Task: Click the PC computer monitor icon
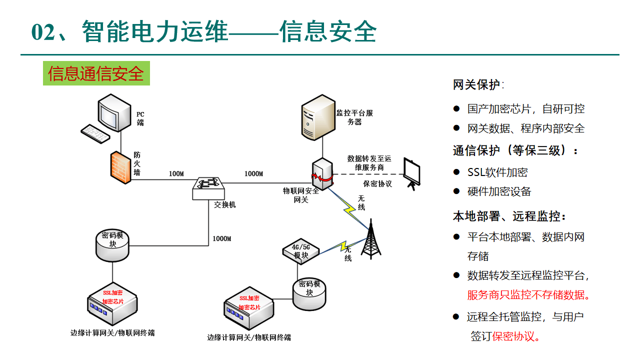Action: pyautogui.click(x=114, y=112)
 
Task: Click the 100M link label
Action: pyautogui.click(x=176, y=174)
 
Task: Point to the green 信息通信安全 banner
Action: pyautogui.click(x=96, y=73)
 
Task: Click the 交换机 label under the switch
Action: pyautogui.click(x=224, y=205)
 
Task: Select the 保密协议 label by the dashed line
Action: pyautogui.click(x=377, y=183)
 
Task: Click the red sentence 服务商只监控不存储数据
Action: pyautogui.click(x=528, y=295)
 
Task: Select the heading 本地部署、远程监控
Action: pyautogui.click(x=509, y=216)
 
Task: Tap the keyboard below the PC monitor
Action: pyautogui.click(x=96, y=133)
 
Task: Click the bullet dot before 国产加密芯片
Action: pyautogui.click(x=456, y=108)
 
